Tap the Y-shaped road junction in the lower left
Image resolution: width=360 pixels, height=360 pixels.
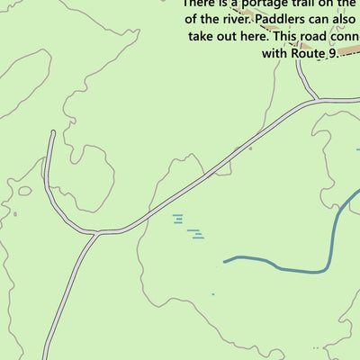95,234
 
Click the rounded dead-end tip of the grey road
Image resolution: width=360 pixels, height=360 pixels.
52,133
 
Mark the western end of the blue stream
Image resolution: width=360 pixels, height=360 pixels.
225,263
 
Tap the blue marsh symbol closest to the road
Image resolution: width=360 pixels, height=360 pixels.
177,216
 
